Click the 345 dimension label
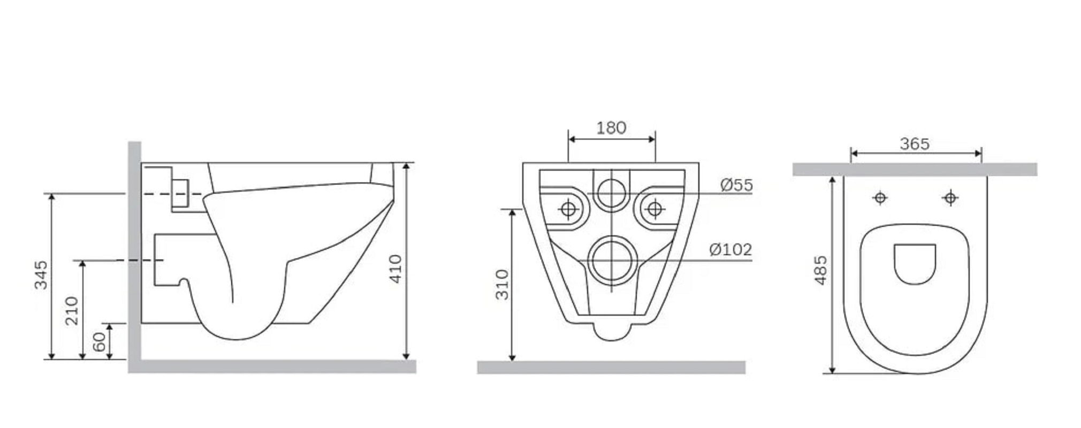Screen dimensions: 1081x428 [x=41, y=275]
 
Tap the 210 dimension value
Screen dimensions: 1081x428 [x=72, y=310]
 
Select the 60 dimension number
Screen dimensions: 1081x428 [x=100, y=342]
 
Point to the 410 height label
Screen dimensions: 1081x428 [x=395, y=269]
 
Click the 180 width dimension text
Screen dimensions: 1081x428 [x=611, y=128]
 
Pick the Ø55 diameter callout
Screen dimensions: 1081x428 [x=736, y=185]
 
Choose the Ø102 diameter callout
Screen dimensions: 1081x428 [x=730, y=249]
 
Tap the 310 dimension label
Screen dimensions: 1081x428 [x=502, y=285]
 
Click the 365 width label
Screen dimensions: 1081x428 [x=915, y=144]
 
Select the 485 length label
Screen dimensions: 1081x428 [x=820, y=270]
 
